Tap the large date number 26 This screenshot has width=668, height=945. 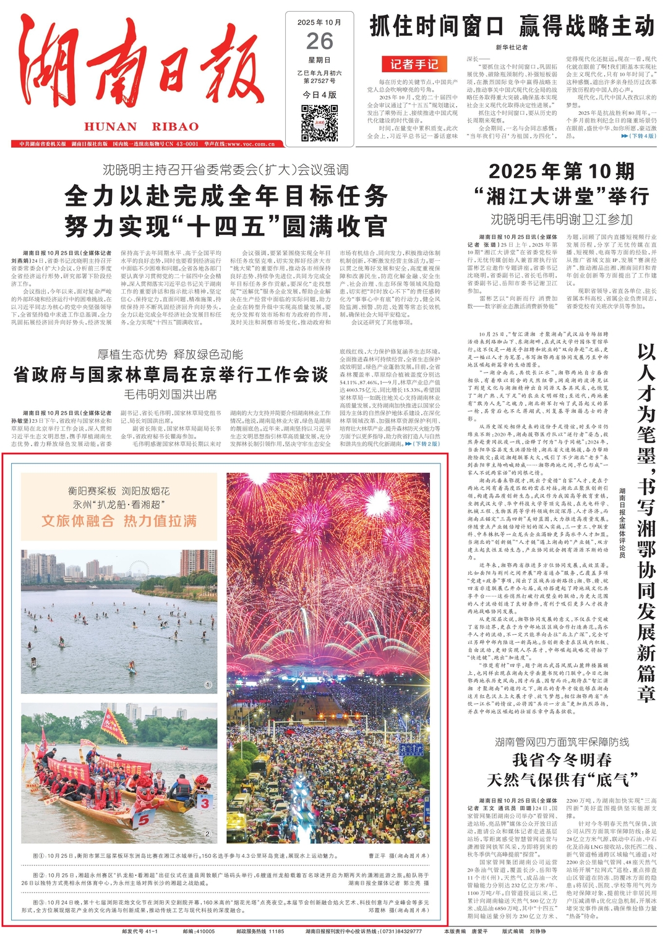(x=319, y=41)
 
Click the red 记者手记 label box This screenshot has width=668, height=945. (x=414, y=64)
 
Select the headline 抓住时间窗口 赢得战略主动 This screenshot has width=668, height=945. (x=512, y=27)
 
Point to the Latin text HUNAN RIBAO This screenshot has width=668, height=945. (x=142, y=127)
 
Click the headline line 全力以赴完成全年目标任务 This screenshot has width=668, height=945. (x=226, y=197)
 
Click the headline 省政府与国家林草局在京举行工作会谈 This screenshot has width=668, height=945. (x=171, y=375)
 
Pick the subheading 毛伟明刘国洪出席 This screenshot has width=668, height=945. (x=171, y=394)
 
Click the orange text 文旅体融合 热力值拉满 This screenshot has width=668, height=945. (x=119, y=521)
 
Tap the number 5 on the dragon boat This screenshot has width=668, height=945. (x=143, y=820)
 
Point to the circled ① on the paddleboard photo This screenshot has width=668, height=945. (x=208, y=685)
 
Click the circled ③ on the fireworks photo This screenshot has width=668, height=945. (x=421, y=834)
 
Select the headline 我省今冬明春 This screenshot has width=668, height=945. (x=562, y=760)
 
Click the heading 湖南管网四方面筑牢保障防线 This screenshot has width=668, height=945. (x=562, y=742)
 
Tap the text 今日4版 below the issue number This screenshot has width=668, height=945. (x=319, y=95)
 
